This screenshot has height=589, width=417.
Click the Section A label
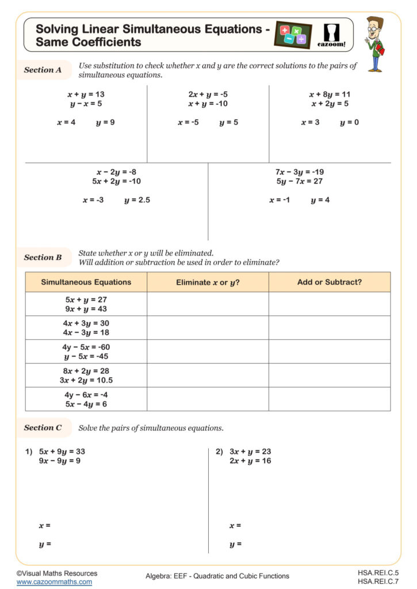(x=43, y=70)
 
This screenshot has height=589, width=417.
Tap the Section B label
(x=43, y=258)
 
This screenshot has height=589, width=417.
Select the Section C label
(x=43, y=428)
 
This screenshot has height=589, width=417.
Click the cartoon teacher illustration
(x=374, y=44)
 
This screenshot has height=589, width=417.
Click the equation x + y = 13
(x=86, y=94)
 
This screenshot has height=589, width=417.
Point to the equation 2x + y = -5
(x=208, y=94)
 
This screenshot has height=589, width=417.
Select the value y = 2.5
(x=137, y=200)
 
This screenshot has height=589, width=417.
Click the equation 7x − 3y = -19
(x=300, y=172)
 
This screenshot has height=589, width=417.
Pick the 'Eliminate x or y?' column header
(x=208, y=282)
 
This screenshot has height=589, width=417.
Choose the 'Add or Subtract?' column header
(x=329, y=282)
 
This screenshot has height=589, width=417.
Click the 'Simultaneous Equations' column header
(x=86, y=282)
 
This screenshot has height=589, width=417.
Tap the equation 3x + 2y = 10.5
(x=86, y=380)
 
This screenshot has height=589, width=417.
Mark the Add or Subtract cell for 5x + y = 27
(x=329, y=304)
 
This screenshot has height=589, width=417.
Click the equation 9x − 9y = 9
(x=60, y=461)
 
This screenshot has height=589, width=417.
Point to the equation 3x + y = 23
(x=250, y=452)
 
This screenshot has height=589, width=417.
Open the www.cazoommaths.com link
(x=54, y=582)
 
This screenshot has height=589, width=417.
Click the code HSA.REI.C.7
(x=378, y=582)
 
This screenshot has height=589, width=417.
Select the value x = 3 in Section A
(x=310, y=123)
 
